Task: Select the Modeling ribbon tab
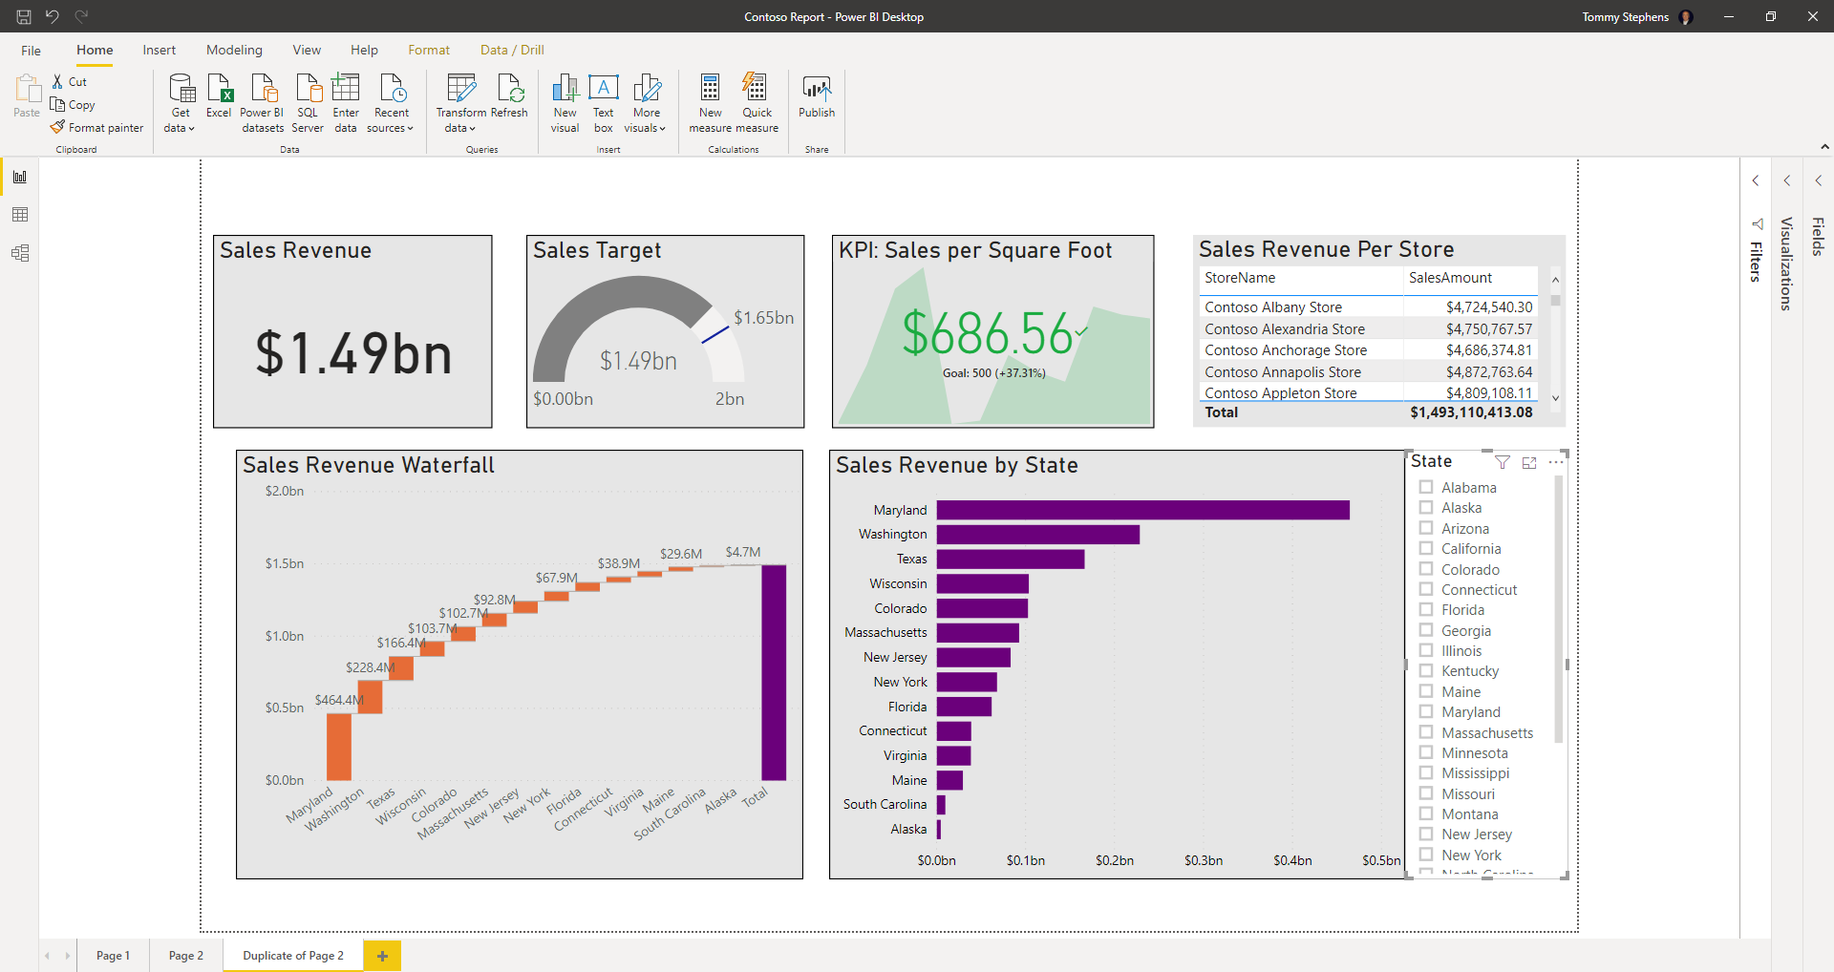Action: click(234, 50)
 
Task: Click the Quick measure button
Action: click(757, 100)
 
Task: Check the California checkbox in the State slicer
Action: click(1426, 548)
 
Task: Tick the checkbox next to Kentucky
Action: click(1426, 670)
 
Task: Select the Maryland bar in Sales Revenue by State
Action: click(1142, 510)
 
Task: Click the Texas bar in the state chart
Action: click(1010, 559)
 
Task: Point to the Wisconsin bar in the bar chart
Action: click(982, 583)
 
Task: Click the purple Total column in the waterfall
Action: click(774, 672)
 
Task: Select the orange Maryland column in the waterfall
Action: click(339, 747)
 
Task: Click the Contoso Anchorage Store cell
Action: click(1286, 350)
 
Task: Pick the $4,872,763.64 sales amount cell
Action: click(1488, 372)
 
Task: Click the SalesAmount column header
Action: click(1450, 278)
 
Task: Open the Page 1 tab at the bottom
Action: click(113, 955)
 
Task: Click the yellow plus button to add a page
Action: click(382, 955)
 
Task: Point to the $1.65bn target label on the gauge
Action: click(763, 318)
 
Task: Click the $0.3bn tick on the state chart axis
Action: click(1204, 860)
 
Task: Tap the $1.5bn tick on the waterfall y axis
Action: click(285, 563)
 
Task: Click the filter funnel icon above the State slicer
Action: click(1503, 462)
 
